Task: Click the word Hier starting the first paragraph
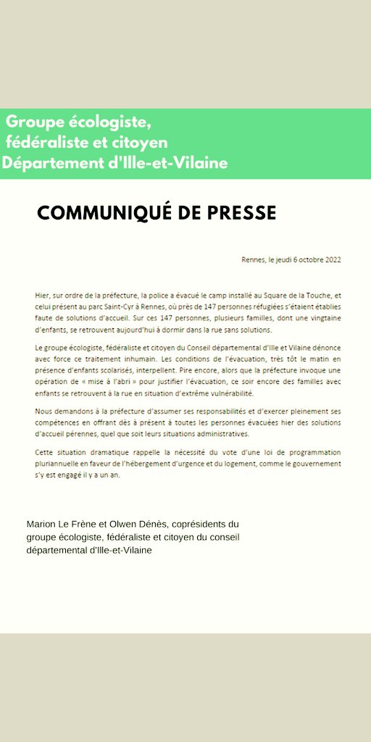[x=41, y=296]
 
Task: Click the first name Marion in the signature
[x=41, y=524]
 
